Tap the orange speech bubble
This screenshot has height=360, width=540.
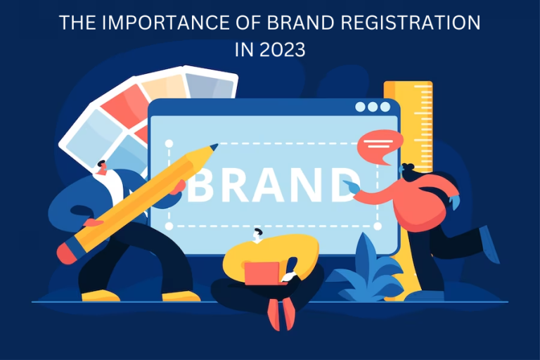pyautogui.click(x=380, y=146)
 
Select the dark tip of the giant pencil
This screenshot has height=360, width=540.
pyautogui.click(x=213, y=147)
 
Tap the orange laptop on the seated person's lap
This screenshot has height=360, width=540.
pyautogui.click(x=262, y=272)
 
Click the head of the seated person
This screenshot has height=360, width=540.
pyautogui.click(x=259, y=235)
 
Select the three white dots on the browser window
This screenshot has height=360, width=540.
pyautogui.click(x=372, y=107)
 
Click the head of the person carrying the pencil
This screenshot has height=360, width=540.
pyautogui.click(x=103, y=168)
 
